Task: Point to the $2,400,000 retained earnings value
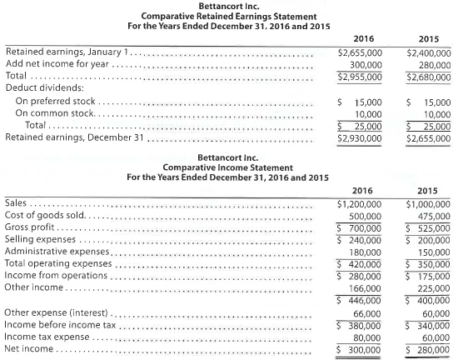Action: [x=426, y=52]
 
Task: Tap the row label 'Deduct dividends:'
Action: [x=36, y=87]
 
